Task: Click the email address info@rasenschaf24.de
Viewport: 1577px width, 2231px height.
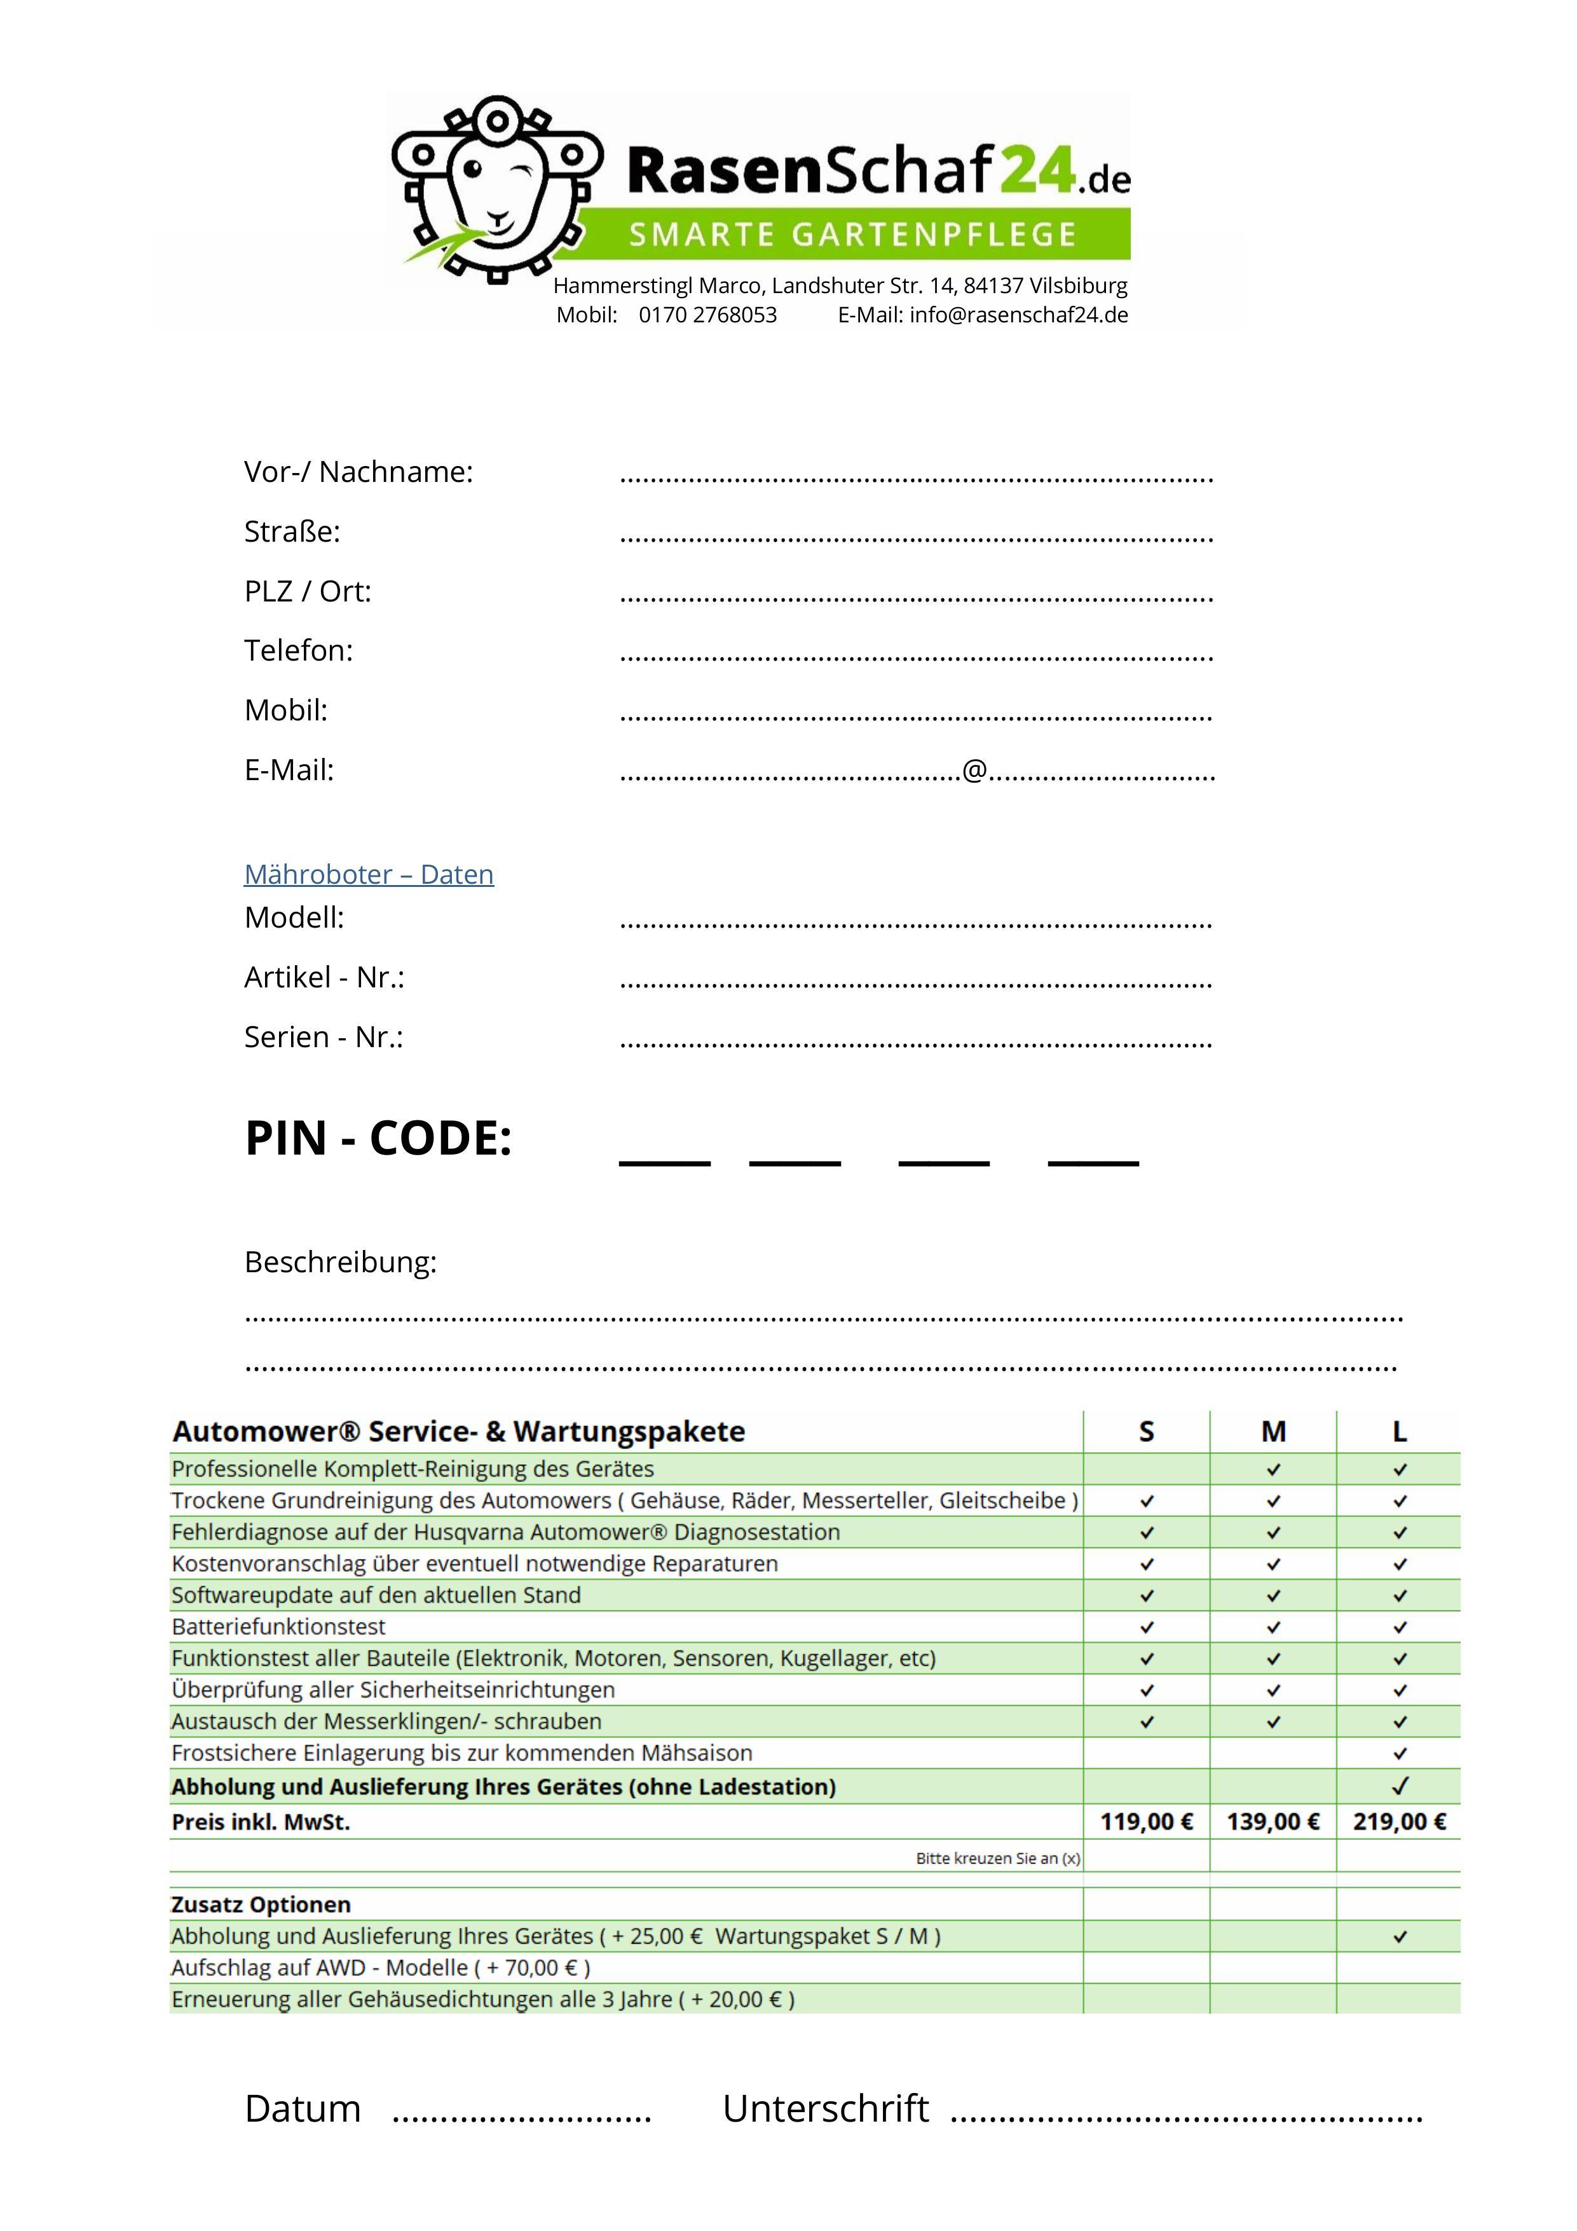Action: (x=1018, y=315)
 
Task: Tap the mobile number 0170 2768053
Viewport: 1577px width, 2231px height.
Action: (x=707, y=315)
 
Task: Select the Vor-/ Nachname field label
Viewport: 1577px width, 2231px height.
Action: (x=358, y=472)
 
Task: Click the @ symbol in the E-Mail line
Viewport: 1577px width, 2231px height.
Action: (x=974, y=771)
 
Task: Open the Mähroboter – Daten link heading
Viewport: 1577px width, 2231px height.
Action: (x=368, y=874)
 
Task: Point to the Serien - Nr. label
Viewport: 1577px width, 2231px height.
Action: (x=324, y=1038)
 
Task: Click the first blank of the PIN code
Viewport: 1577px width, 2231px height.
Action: (x=665, y=1157)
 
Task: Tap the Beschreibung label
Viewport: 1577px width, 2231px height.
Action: (x=340, y=1262)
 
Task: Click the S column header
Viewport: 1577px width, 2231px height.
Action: (x=1147, y=1431)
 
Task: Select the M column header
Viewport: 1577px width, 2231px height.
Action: (x=1273, y=1431)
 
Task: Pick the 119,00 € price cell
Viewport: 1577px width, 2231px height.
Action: (x=1147, y=1822)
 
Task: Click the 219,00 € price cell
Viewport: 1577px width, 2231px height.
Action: (x=1399, y=1822)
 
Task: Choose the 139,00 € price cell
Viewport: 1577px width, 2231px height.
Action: (x=1273, y=1822)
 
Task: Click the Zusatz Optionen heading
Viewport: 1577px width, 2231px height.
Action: (x=261, y=1904)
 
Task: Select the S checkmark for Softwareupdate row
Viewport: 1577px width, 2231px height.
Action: (x=1147, y=1595)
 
